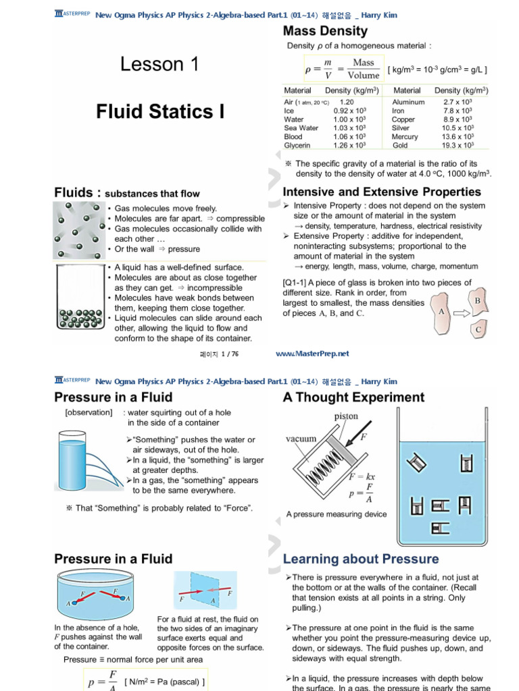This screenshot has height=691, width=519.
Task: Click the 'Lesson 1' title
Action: pyautogui.click(x=159, y=65)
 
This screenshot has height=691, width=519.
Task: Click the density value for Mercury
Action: pyautogui.click(x=456, y=137)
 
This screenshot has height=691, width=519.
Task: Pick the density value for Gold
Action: pyautogui.click(x=456, y=146)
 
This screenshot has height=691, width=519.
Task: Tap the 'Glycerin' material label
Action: pyautogui.click(x=297, y=146)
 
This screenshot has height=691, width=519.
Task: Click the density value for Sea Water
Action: pyautogui.click(x=349, y=128)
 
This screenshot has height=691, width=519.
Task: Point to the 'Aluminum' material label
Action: pyautogui.click(x=408, y=102)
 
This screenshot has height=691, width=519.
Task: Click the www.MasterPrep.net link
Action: pyautogui.click(x=313, y=354)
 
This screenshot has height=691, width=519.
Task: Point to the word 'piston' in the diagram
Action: pyautogui.click(x=346, y=416)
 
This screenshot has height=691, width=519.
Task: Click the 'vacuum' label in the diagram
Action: pyautogui.click(x=301, y=439)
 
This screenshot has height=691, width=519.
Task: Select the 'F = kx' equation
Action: pyautogui.click(x=362, y=476)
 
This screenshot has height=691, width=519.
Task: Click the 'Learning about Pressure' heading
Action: pyautogui.click(x=360, y=559)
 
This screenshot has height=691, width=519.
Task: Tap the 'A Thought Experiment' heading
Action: pyautogui.click(x=353, y=397)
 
